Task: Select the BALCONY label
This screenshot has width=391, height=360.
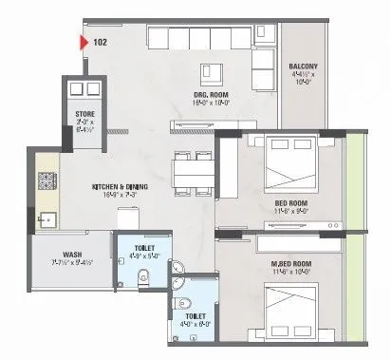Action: (x=306, y=66)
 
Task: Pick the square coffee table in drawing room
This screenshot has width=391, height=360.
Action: (x=209, y=73)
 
